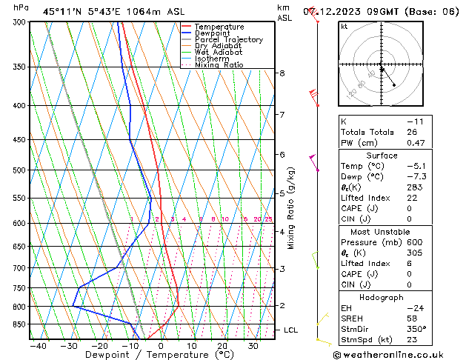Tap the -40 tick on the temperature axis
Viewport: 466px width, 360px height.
point(38,346)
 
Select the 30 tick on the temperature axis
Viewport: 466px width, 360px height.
point(253,346)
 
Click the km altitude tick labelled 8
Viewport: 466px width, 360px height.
point(282,73)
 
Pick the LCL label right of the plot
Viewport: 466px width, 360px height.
point(291,330)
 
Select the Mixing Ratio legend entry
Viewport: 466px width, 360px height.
point(219,65)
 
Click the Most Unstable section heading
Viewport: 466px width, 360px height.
point(382,232)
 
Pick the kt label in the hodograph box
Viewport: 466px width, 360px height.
point(344,27)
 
